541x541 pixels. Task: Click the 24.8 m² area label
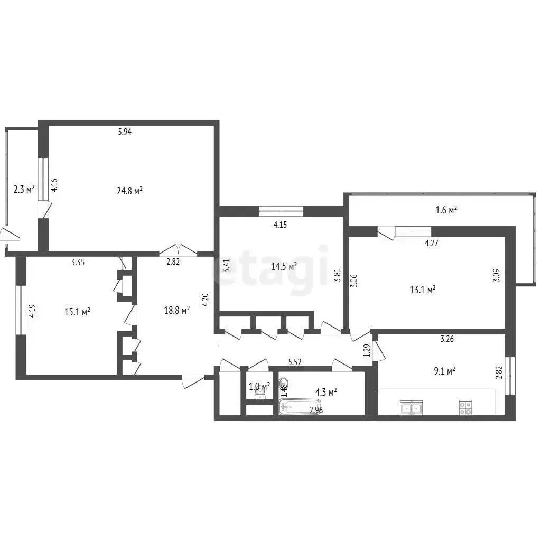pyautogui.click(x=130, y=191)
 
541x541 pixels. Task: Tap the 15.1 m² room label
pyautogui.click(x=77, y=312)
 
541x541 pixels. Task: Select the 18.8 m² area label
pyautogui.click(x=177, y=311)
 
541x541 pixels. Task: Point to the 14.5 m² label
pyautogui.click(x=284, y=266)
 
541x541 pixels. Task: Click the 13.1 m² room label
pyautogui.click(x=423, y=290)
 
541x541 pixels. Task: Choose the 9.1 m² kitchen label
pyautogui.click(x=444, y=371)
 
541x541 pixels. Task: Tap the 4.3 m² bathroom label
pyautogui.click(x=326, y=392)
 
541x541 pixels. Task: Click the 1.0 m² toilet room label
pyautogui.click(x=259, y=387)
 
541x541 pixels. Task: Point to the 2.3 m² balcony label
pyautogui.click(x=24, y=190)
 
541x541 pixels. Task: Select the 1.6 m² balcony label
pyautogui.click(x=446, y=210)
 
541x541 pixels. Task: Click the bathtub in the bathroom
pyautogui.click(x=300, y=407)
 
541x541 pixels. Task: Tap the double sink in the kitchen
pyautogui.click(x=411, y=408)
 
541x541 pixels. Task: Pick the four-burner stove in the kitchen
pyautogui.click(x=466, y=407)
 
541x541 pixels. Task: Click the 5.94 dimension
pyautogui.click(x=125, y=132)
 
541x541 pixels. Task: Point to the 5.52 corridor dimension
pyautogui.click(x=295, y=362)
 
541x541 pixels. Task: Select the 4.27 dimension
pyautogui.click(x=432, y=243)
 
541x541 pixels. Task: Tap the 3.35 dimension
pyautogui.click(x=78, y=262)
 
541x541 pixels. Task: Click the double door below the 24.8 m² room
pyautogui.click(x=178, y=250)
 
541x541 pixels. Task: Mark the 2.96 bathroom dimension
pyautogui.click(x=316, y=411)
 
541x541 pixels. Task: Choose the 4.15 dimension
pyautogui.click(x=280, y=225)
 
